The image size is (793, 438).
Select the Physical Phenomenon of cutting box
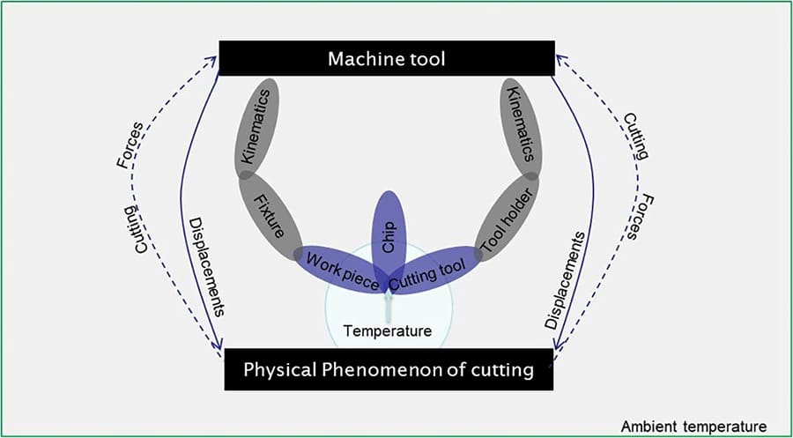388,369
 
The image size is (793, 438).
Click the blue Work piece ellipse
342,269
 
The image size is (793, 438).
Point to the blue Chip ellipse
389,234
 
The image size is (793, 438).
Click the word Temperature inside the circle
388,331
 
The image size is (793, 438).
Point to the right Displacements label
564,280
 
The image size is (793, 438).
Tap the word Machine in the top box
361,59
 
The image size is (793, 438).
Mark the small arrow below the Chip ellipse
388,306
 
